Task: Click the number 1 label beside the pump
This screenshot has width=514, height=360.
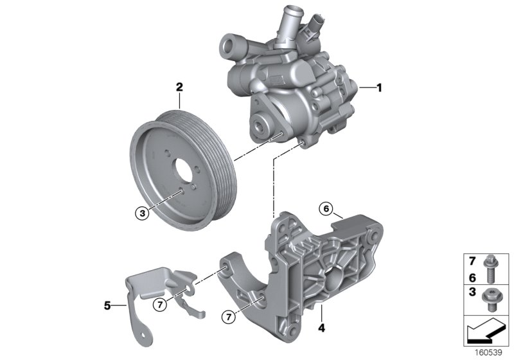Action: (x=379, y=88)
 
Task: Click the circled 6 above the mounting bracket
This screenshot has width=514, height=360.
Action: (x=326, y=208)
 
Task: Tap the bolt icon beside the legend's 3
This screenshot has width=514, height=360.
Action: (x=493, y=301)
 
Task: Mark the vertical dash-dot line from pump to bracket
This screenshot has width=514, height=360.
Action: (x=276, y=186)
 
